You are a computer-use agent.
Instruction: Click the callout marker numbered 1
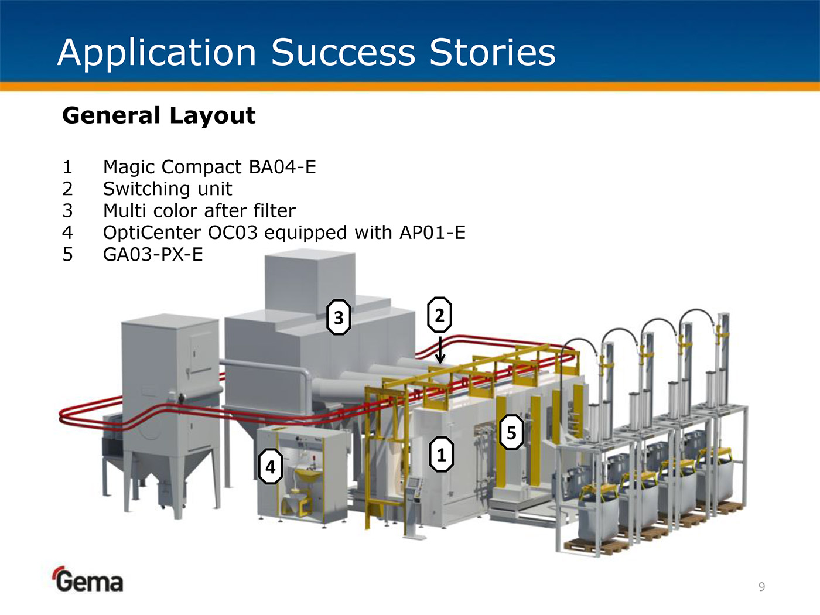[441, 454]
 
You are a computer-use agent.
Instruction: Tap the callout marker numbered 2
[439, 315]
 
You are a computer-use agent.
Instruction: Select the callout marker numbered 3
[339, 317]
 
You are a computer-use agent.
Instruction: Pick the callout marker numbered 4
[270, 467]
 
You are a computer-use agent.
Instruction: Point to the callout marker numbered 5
[511, 432]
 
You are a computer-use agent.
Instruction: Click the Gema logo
[88, 580]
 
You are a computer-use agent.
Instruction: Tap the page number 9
[761, 587]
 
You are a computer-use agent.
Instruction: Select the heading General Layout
[159, 115]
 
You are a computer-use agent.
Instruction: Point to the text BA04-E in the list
[282, 167]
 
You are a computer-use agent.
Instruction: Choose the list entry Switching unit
[168, 189]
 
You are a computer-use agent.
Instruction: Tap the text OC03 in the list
[233, 233]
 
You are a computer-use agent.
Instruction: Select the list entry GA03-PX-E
[153, 254]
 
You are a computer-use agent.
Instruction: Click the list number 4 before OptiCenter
[68, 233]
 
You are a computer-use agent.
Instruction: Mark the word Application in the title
[157, 52]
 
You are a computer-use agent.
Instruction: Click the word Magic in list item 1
[129, 167]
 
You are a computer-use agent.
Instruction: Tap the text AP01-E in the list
[432, 233]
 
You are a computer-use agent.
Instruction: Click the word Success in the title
[343, 52]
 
